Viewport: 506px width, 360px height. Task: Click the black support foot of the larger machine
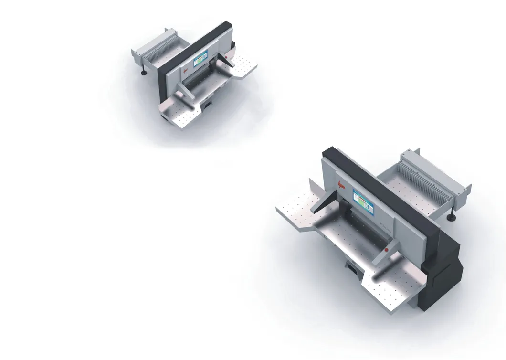pyautogui.click(x=450, y=217)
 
